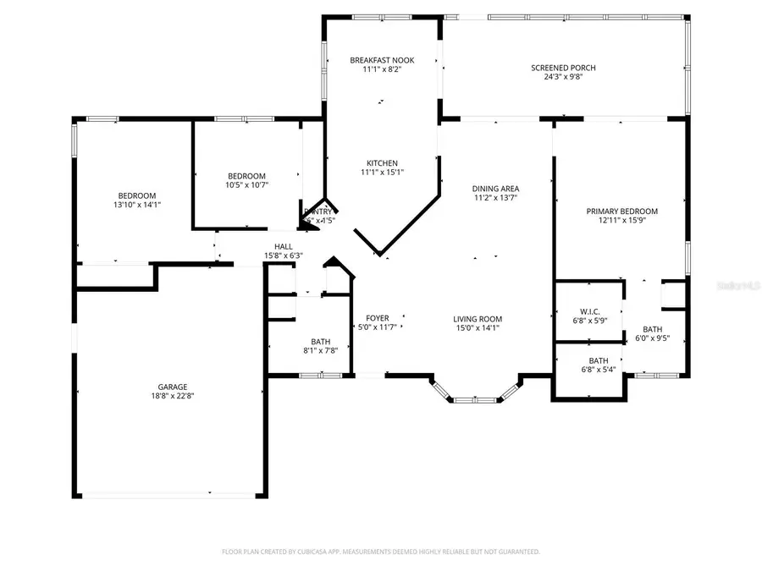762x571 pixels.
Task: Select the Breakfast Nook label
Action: (382, 60)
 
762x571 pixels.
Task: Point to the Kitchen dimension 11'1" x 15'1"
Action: (382, 173)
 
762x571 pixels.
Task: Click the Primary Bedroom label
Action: (621, 211)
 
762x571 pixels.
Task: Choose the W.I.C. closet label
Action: (589, 310)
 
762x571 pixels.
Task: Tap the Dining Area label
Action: (495, 189)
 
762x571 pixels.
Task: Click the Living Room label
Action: (477, 318)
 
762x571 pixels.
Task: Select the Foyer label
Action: (376, 318)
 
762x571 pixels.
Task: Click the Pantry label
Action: (318, 211)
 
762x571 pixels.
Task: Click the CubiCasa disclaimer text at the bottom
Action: (381, 552)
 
